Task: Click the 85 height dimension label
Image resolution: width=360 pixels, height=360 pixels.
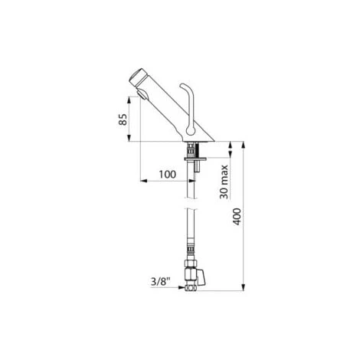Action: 123,119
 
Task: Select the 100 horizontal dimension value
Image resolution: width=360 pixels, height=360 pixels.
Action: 168,175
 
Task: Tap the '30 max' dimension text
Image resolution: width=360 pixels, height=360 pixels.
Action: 224,182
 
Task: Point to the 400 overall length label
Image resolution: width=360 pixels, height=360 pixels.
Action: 237,217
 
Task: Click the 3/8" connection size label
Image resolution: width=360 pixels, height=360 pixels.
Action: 160,282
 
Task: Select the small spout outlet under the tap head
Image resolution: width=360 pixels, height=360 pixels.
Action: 142,94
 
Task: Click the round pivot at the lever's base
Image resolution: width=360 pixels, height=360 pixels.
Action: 191,132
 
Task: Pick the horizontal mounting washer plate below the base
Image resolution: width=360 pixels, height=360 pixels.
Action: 195,159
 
